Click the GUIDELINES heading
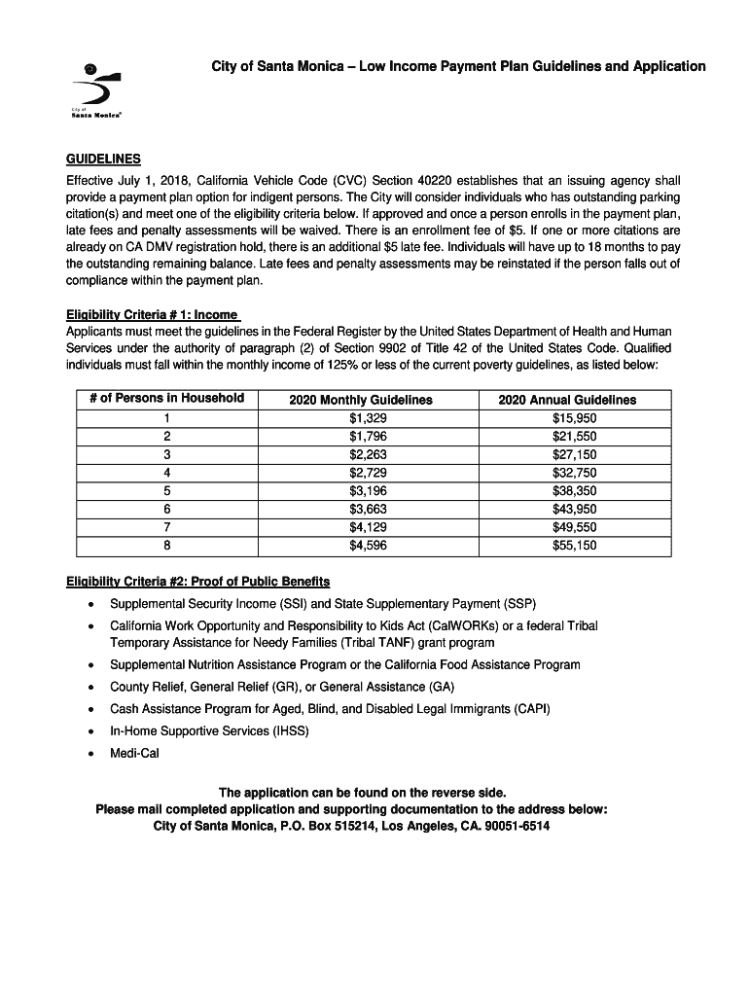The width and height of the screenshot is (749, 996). [x=103, y=159]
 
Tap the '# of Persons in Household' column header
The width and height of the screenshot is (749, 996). [x=160, y=399]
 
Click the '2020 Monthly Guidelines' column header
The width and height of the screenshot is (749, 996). [x=361, y=400]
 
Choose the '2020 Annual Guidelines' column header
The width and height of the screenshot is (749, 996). [x=567, y=400]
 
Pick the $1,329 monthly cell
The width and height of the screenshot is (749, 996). [x=362, y=418]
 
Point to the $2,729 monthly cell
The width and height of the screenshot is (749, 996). [x=362, y=473]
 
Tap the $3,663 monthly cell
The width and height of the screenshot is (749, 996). [x=362, y=509]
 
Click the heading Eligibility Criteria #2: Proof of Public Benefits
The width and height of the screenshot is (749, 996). [x=197, y=582]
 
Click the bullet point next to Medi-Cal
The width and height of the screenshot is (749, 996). [x=90, y=754]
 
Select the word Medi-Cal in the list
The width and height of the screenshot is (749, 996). [x=134, y=753]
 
